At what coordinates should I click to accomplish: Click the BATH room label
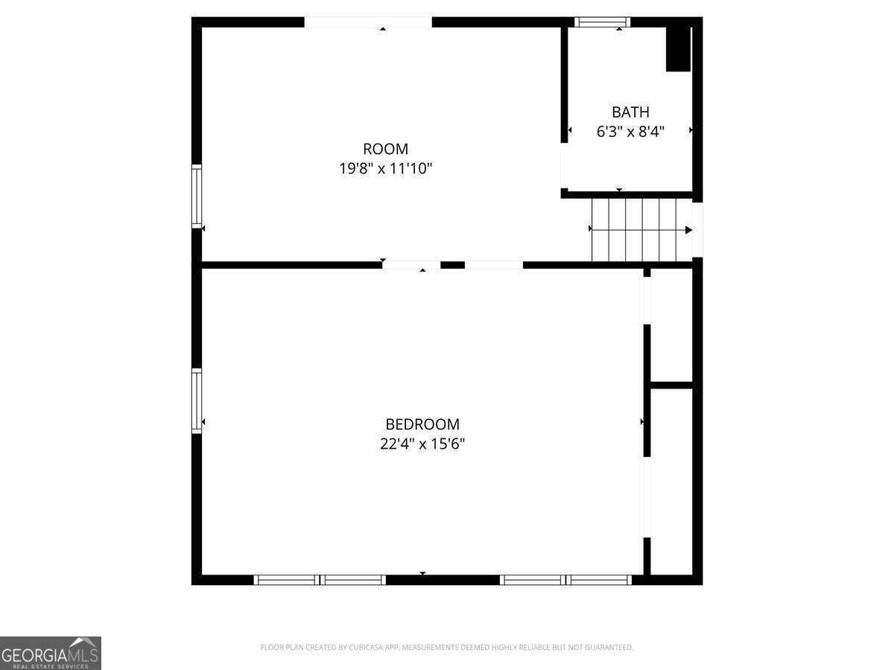tap(630, 112)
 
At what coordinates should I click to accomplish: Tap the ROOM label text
tap(385, 149)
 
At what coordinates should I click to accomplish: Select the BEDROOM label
tap(422, 424)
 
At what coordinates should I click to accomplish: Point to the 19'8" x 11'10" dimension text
tap(385, 168)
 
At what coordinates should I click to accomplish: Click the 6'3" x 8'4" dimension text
tap(630, 132)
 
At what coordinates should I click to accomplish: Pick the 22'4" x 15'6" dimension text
tap(422, 444)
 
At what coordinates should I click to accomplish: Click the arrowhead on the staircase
tap(688, 230)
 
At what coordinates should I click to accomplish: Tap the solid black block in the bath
tap(678, 49)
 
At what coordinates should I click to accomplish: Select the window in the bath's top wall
tap(603, 22)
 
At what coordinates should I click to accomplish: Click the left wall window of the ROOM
tap(197, 196)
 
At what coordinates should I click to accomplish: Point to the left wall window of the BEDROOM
tap(197, 401)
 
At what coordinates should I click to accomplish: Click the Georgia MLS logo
tap(51, 653)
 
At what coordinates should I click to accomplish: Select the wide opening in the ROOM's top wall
tap(368, 22)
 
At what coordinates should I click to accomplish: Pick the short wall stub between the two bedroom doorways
tap(452, 265)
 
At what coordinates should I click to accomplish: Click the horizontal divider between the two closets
tap(672, 385)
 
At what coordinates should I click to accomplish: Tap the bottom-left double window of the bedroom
tap(320, 580)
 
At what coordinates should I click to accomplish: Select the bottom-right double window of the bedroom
tap(565, 580)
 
